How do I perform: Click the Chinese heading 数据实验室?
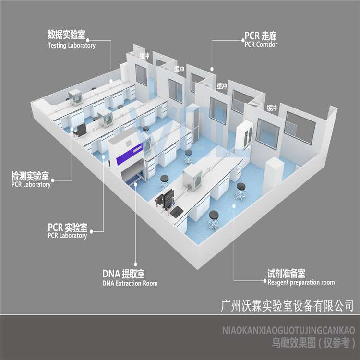pos(66,35)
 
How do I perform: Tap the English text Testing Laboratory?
pos(72,45)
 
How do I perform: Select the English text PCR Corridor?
pos(261,44)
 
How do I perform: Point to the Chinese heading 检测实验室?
pos(30,176)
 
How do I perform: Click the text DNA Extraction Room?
pos(130,283)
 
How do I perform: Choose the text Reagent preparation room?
pos(301,282)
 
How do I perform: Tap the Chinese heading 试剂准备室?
pos(286,273)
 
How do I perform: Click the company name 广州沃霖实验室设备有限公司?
pos(287,306)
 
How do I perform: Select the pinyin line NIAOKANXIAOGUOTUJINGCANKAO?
pos(288,330)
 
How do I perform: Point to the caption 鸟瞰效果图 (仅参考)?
pos(313,343)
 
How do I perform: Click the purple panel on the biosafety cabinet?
pos(130,154)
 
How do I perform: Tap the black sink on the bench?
pos(176,212)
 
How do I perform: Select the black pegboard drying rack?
pos(168,197)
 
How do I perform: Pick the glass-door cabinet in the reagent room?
pos(245,136)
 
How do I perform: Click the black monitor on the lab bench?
pos(81,130)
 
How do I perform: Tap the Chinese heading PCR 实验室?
pos(68,227)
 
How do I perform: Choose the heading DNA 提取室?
pos(123,274)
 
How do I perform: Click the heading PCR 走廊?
pos(261,36)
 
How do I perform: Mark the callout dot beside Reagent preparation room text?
pos(265,281)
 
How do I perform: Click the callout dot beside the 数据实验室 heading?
pos(88,40)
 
